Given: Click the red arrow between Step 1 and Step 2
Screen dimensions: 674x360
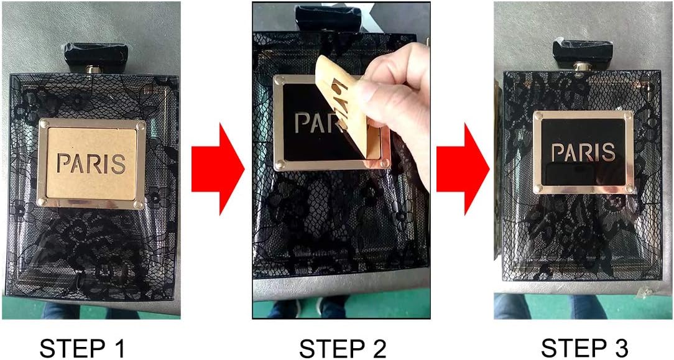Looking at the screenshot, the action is pyautogui.click(x=218, y=168).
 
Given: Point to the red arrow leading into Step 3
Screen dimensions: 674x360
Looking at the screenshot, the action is pyautogui.click(x=463, y=168).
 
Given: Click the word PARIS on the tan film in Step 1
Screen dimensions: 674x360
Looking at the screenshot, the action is pyautogui.click(x=91, y=164).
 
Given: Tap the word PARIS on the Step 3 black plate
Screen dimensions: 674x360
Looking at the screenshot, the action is pyautogui.click(x=583, y=152).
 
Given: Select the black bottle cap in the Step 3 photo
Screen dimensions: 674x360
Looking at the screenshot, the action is pyautogui.click(x=583, y=50).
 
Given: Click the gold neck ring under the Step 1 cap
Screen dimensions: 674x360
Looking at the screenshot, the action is pyautogui.click(x=93, y=69).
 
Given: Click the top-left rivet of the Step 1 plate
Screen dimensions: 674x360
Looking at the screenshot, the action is pyautogui.click(x=44, y=124).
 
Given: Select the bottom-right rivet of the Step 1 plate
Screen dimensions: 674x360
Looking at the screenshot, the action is pyautogui.click(x=139, y=204).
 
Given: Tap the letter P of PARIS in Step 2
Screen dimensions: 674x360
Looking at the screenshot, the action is pyautogui.click(x=303, y=123).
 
